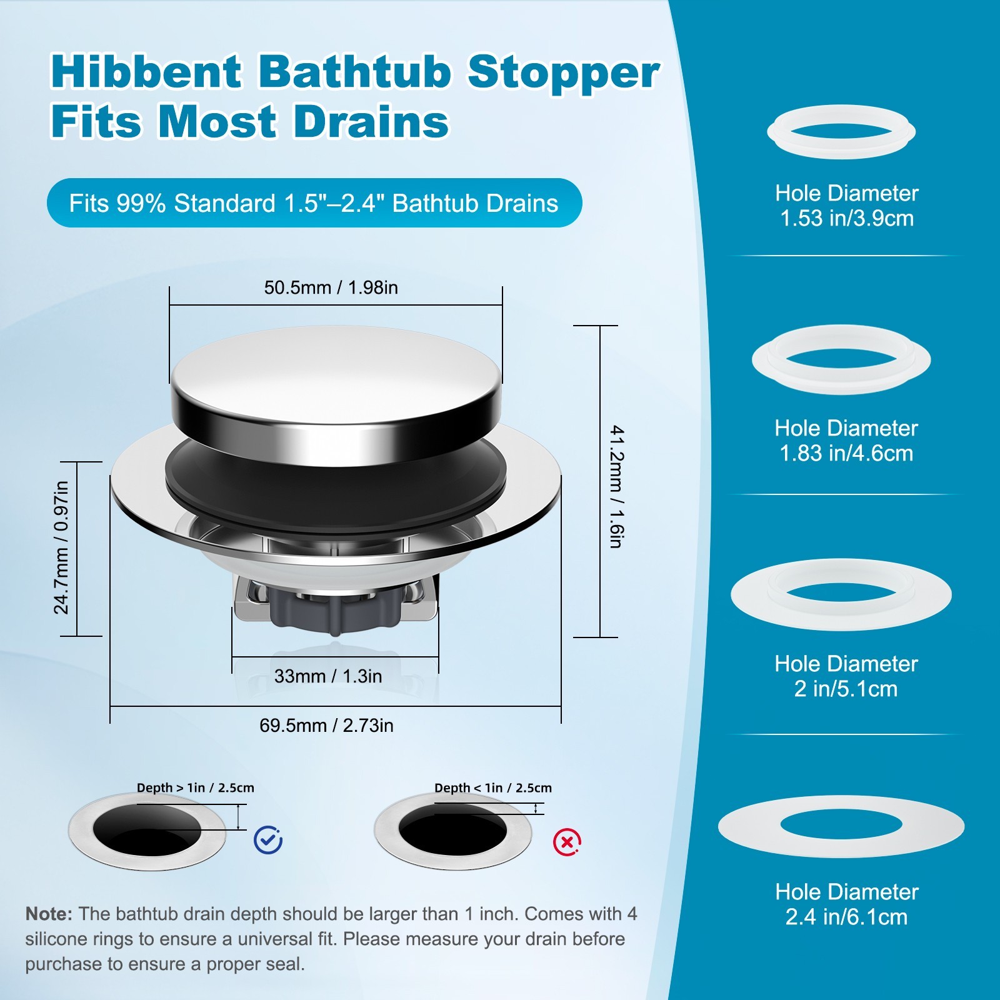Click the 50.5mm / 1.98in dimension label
[331, 287]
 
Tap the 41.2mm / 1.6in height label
[617, 486]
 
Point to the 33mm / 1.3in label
[328, 676]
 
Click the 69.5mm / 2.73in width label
[326, 726]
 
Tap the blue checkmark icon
[268, 840]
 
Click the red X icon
[567, 842]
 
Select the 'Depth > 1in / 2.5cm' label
[196, 788]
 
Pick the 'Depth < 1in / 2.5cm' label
[493, 788]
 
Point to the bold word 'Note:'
[49, 914]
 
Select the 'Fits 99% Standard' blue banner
[314, 203]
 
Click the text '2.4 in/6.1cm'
[846, 917]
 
